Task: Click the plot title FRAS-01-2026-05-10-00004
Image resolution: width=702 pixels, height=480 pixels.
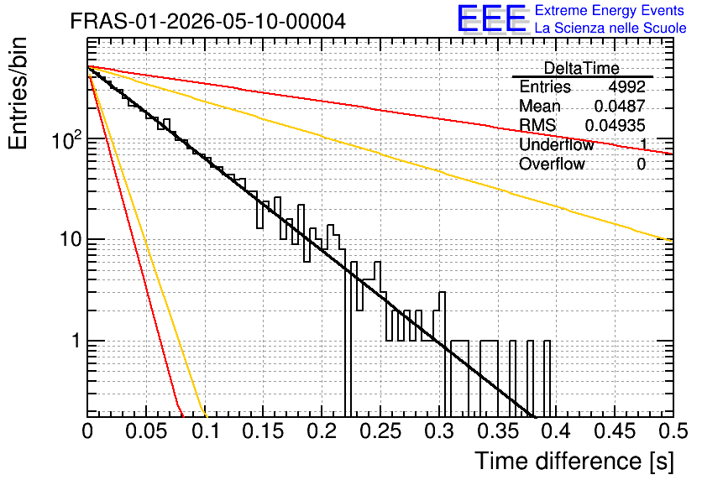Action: pyautogui.click(x=208, y=21)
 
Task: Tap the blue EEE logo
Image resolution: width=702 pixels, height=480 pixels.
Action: pyautogui.click(x=492, y=18)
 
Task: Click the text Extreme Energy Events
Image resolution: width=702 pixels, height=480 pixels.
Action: pyautogui.click(x=610, y=10)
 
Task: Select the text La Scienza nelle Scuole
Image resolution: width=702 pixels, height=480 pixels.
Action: pyautogui.click(x=610, y=29)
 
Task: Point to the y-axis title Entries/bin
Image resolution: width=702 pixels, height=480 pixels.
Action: pyautogui.click(x=18, y=93)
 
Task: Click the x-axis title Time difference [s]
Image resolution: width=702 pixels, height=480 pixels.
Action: pyautogui.click(x=574, y=462)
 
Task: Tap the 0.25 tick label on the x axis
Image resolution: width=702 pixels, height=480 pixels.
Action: pyautogui.click(x=380, y=431)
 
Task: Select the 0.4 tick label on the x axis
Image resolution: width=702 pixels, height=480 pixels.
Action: pyautogui.click(x=557, y=431)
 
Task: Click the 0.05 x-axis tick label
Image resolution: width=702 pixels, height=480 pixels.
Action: pyautogui.click(x=146, y=431)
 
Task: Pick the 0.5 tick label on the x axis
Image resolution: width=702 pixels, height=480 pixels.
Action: pyautogui.click(x=673, y=431)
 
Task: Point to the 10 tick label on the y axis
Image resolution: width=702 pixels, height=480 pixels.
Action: pyautogui.click(x=71, y=240)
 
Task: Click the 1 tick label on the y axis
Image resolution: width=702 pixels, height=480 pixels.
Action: pyautogui.click(x=76, y=341)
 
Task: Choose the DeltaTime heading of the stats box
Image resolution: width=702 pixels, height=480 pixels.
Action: pyautogui.click(x=582, y=68)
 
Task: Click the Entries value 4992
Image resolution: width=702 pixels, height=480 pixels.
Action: pyautogui.click(x=626, y=86)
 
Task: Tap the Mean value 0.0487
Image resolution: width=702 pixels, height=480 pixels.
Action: pyautogui.click(x=620, y=106)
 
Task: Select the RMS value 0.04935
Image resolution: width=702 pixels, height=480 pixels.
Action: pyautogui.click(x=616, y=126)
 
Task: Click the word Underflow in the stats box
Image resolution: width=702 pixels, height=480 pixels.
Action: pyautogui.click(x=557, y=144)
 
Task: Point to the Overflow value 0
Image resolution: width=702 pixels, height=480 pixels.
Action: pyautogui.click(x=641, y=164)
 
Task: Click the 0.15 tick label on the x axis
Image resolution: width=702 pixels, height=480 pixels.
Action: pyautogui.click(x=264, y=431)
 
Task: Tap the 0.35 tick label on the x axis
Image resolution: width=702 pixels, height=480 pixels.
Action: pyautogui.click(x=498, y=431)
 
